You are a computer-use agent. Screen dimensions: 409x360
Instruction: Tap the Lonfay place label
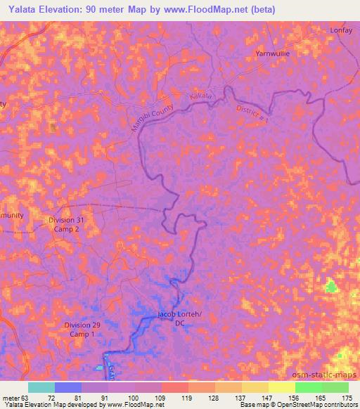point(340,31)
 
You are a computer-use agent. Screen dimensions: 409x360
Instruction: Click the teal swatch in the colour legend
point(41,387)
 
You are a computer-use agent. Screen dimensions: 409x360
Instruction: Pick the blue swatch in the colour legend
point(68,387)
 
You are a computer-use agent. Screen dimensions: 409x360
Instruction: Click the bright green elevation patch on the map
point(330,287)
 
